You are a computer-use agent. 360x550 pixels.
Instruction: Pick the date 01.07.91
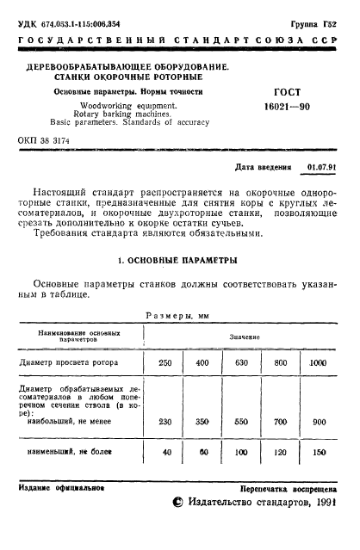click(322, 165)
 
